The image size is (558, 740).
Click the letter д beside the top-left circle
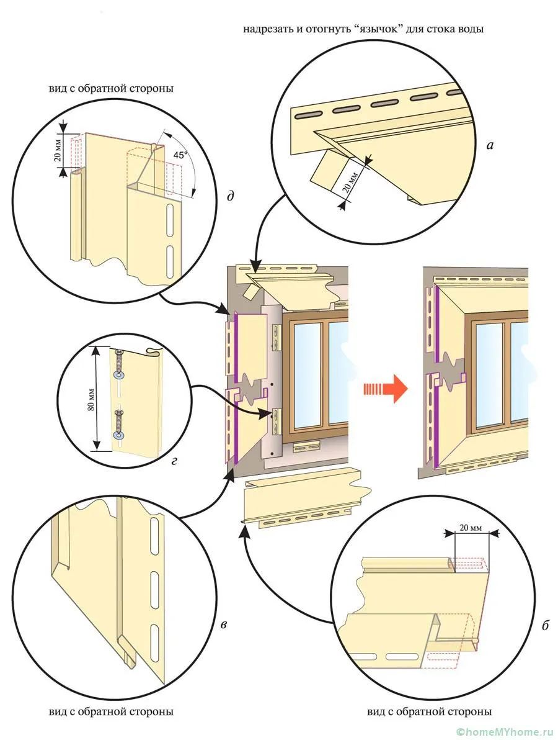click(x=230, y=197)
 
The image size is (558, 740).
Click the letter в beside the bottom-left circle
click(x=223, y=623)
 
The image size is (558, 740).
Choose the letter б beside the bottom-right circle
click(x=545, y=626)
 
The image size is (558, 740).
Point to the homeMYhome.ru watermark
click(x=503, y=733)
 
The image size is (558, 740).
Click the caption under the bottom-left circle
click(x=111, y=711)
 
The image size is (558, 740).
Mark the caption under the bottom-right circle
click(x=430, y=711)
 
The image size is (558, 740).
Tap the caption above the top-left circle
click(x=111, y=88)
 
